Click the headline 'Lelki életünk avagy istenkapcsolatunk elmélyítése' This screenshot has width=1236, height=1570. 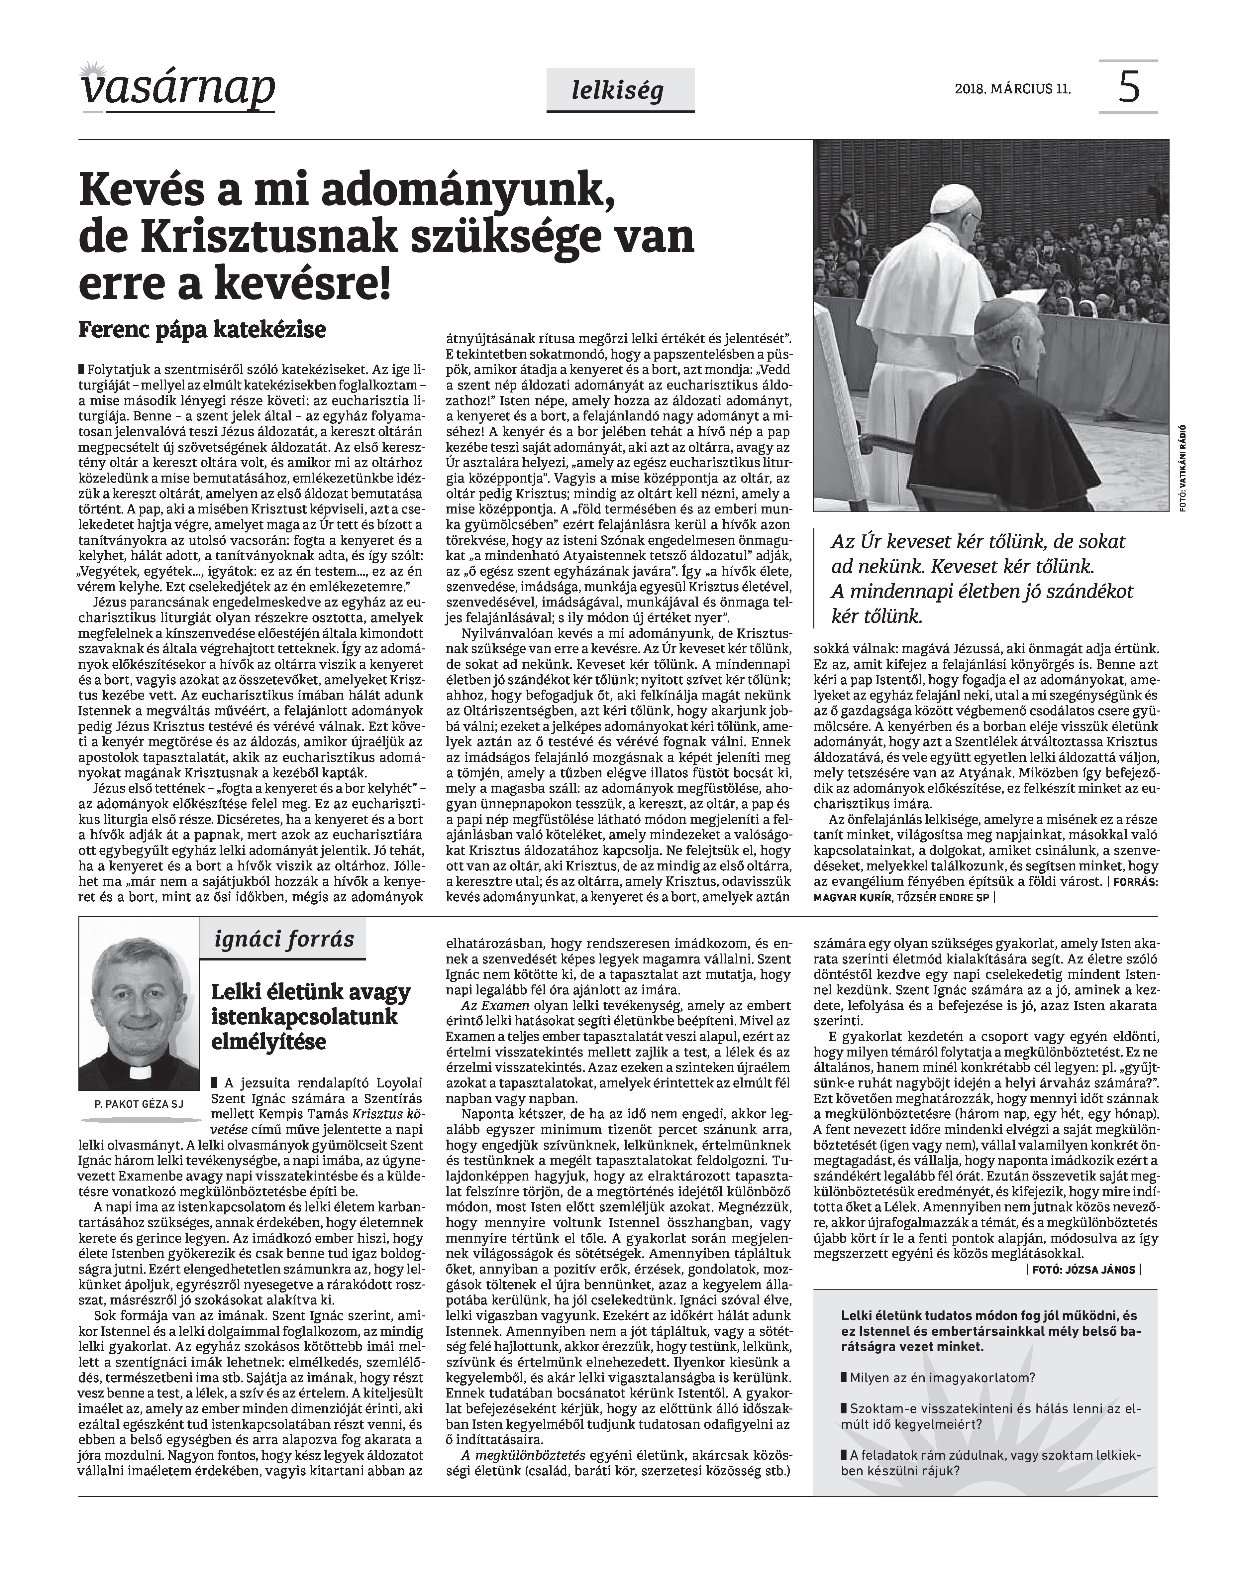coord(311,1017)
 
